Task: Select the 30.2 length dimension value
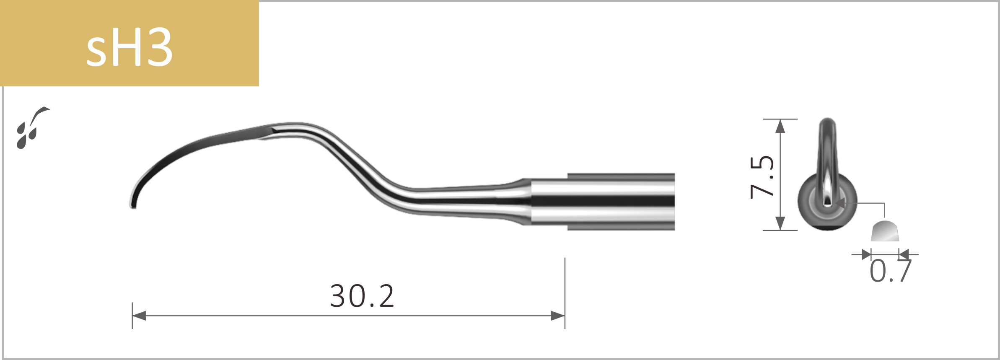pos(362,296)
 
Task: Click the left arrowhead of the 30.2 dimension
pos(139,316)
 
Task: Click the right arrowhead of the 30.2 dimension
pos(558,316)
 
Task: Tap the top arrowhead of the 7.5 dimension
pos(780,126)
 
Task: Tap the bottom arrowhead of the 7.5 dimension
pos(780,223)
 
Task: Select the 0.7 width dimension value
pos(891,272)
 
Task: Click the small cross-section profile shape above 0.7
pos(885,232)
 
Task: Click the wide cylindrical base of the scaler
pos(620,202)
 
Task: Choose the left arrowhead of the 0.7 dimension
pos(865,254)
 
